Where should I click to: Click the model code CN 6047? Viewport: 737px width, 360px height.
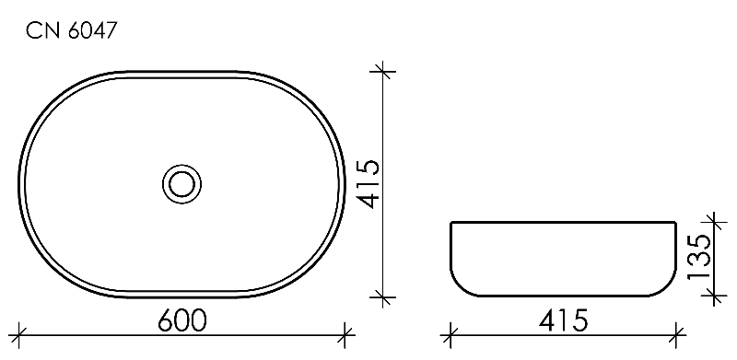point(71,31)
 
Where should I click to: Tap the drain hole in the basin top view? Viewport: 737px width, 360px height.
point(181,184)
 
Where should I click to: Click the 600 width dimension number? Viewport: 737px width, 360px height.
point(181,320)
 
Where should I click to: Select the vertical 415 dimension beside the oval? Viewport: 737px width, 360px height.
point(367,184)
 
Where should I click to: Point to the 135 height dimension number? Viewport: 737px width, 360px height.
point(698,257)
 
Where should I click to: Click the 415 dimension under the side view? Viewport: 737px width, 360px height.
point(563,320)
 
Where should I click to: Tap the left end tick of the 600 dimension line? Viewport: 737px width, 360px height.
point(18,335)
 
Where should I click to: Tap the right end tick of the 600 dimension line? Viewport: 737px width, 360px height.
point(345,335)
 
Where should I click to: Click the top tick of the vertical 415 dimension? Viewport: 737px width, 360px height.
point(383,72)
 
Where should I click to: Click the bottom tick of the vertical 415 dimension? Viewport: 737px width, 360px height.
point(383,296)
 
